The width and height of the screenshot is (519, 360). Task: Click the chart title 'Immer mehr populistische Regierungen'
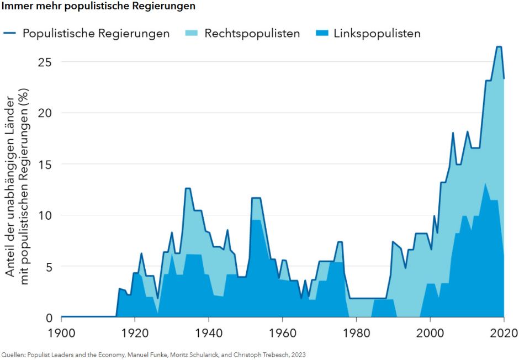click(x=98, y=7)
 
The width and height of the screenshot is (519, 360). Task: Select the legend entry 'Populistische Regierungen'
click(x=96, y=33)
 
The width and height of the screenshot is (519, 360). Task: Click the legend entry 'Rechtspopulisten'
click(x=252, y=33)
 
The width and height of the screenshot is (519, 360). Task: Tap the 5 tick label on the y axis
click(x=48, y=266)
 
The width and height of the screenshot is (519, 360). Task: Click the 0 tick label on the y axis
click(x=48, y=317)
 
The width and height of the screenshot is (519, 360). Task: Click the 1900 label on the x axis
click(x=61, y=333)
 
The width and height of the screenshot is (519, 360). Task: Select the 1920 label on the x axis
click(x=135, y=333)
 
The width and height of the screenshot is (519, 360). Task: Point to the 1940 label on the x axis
click(x=209, y=333)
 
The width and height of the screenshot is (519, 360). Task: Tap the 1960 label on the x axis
click(x=282, y=333)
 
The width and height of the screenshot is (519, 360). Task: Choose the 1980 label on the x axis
click(x=356, y=333)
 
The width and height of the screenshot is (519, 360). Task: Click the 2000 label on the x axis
click(x=430, y=333)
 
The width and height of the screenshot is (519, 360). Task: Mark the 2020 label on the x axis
click(x=504, y=333)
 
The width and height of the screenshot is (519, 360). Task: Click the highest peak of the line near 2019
click(x=499, y=47)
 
